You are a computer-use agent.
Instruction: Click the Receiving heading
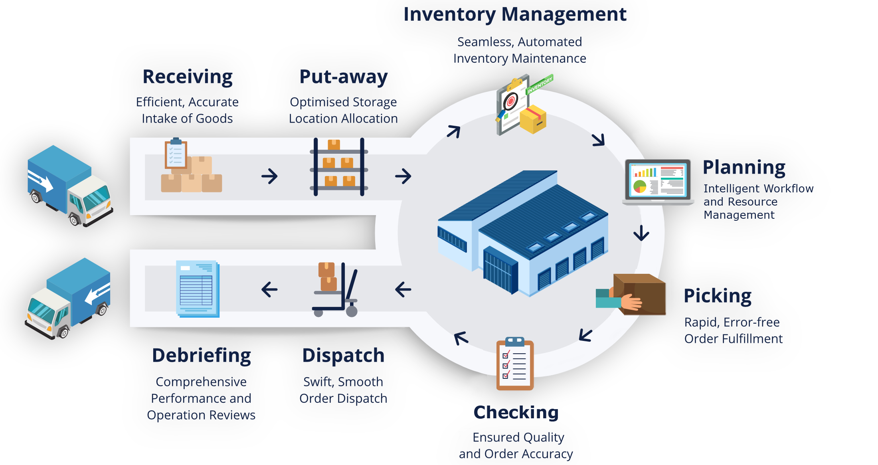tap(188, 77)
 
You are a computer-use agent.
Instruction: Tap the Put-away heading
tap(343, 77)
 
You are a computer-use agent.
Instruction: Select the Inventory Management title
tap(515, 14)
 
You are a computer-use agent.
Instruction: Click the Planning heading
tap(744, 168)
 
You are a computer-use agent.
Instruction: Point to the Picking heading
tap(718, 296)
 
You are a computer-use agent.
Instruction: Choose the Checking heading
tap(516, 412)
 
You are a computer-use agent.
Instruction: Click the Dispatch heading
tap(343, 355)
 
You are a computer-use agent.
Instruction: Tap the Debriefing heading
tap(202, 355)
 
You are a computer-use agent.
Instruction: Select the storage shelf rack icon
tap(339, 168)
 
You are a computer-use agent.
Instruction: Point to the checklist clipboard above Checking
tap(515, 364)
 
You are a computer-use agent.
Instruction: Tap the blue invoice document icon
tap(198, 289)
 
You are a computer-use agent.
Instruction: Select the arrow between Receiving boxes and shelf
tap(269, 176)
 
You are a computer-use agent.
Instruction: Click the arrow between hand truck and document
tap(269, 289)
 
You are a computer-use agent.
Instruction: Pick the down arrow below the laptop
tap(641, 233)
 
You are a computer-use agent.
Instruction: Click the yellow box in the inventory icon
tap(533, 119)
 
